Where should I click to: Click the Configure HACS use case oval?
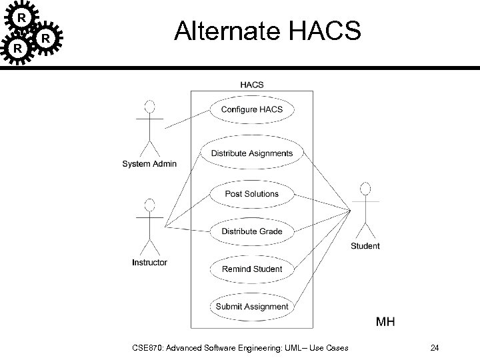(251, 109)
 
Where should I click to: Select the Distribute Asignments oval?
(251, 153)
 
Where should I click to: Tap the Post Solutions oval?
(251, 194)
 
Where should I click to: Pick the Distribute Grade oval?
(251, 231)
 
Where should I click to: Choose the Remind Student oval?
(251, 269)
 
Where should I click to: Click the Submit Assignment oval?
(251, 307)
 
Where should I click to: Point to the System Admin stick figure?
(150, 127)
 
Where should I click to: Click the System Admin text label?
(150, 164)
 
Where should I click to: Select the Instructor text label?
(150, 263)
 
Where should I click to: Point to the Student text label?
(365, 246)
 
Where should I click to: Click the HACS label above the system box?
(251, 85)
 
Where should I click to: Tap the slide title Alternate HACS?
(267, 31)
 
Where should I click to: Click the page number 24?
(434, 347)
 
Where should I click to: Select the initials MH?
(385, 323)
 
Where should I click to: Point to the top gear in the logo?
(22, 17)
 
